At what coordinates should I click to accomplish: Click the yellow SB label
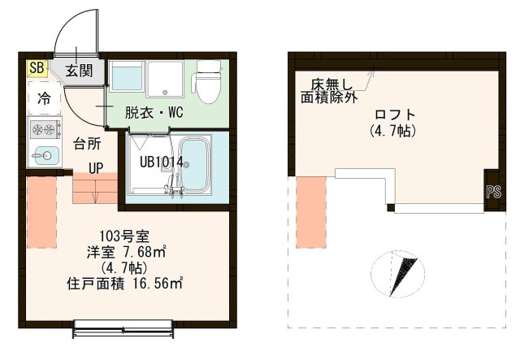tap(36, 68)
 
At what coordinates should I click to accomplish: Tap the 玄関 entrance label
tap(79, 70)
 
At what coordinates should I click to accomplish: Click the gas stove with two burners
tap(45, 128)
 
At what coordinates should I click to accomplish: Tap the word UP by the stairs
tap(96, 168)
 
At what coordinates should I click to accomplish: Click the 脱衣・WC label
tap(153, 113)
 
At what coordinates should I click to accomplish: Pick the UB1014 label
tap(160, 161)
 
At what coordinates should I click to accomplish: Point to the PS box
tap(492, 193)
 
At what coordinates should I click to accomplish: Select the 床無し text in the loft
tap(330, 83)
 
